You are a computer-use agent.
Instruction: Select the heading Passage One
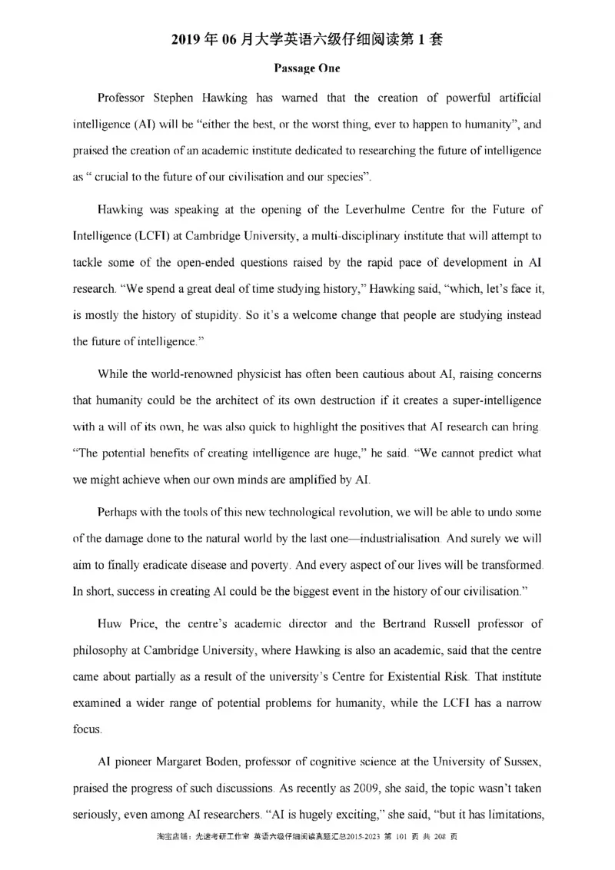[x=307, y=68]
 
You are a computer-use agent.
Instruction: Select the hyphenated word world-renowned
[x=187, y=374]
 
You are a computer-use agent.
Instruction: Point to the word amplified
[x=299, y=480]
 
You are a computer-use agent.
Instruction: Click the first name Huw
[x=110, y=623]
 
